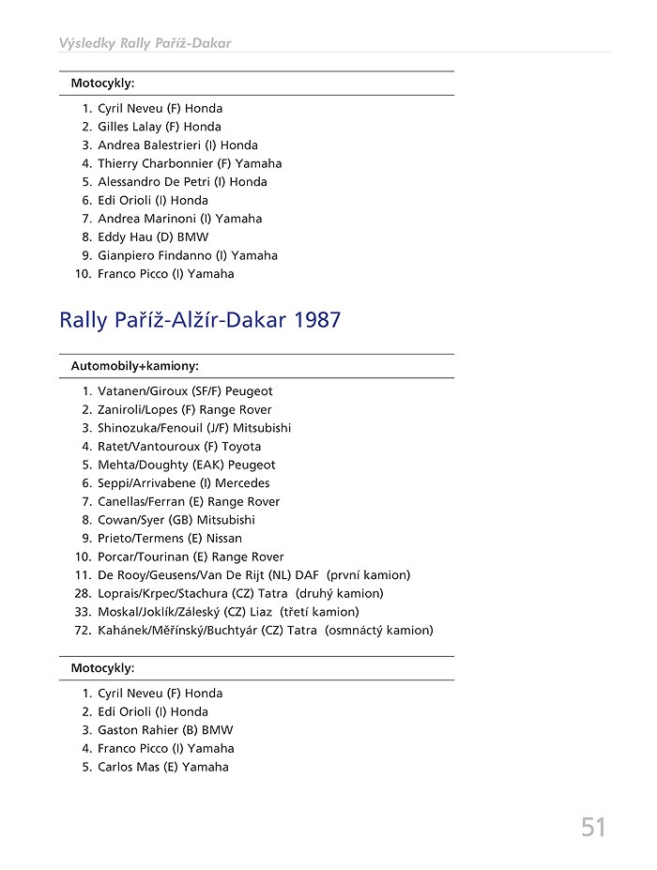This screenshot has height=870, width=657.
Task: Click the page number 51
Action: point(592,827)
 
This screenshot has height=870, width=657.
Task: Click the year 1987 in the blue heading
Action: point(317,320)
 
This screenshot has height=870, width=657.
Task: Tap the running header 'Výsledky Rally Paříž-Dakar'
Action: point(145,43)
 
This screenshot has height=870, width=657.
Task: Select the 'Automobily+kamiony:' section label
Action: point(134,366)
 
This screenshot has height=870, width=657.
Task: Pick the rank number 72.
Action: point(83,631)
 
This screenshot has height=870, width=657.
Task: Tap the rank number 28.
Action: point(83,593)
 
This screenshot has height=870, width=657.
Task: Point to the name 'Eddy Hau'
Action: point(123,237)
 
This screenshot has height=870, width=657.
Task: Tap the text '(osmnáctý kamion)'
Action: point(379,631)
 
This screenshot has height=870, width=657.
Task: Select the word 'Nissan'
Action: point(224,539)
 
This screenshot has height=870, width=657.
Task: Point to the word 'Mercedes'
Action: point(242,483)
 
